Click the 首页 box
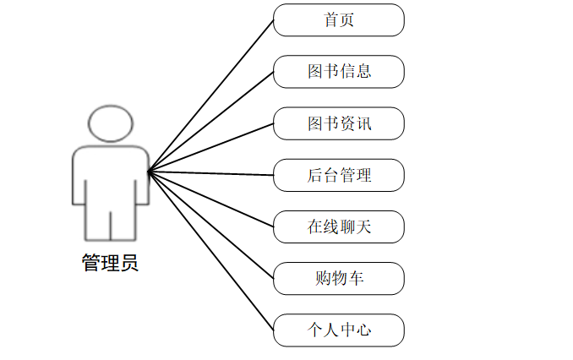click(x=339, y=20)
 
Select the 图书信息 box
click(x=339, y=72)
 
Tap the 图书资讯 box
click(x=339, y=123)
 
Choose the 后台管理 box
click(x=339, y=175)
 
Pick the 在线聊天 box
click(x=339, y=226)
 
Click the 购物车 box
click(x=339, y=278)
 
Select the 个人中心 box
click(x=339, y=330)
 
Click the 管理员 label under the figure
click(x=110, y=264)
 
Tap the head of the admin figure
click(x=111, y=123)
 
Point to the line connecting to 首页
click(x=211, y=95)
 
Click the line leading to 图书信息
click(x=211, y=122)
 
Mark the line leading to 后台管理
click(x=211, y=173)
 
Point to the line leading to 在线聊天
click(x=211, y=199)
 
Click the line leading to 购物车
click(x=211, y=225)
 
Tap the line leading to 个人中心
click(x=211, y=251)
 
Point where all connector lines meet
click(x=149, y=172)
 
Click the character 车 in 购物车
click(x=356, y=278)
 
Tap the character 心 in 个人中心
click(x=363, y=330)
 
